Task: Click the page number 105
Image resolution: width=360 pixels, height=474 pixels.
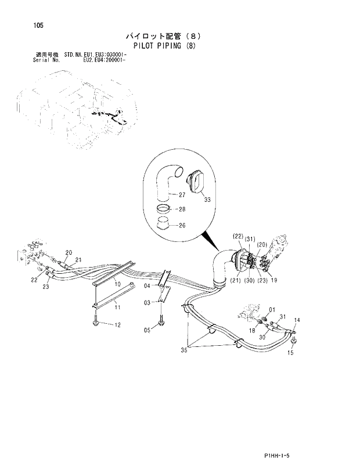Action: click(23, 25)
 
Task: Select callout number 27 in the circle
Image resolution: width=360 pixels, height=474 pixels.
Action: click(182, 195)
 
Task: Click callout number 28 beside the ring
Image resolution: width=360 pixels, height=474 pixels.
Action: click(182, 210)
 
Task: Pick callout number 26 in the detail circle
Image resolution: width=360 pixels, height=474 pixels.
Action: click(182, 226)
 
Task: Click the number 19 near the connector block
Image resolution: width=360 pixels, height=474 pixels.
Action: click(274, 281)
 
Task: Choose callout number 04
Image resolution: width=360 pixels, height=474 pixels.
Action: click(147, 286)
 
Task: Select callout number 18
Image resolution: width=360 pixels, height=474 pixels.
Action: click(253, 330)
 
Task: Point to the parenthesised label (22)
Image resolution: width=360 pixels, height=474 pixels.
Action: click(237, 237)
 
